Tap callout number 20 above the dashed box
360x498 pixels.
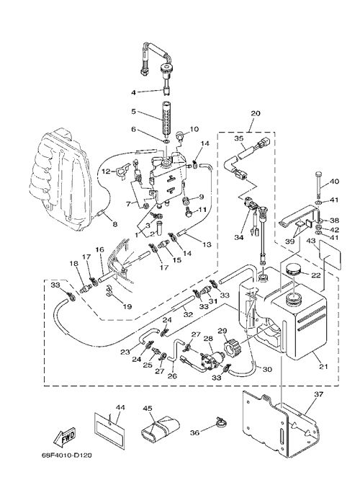256,113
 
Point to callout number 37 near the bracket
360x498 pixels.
318,394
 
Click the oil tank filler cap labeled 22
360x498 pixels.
293,271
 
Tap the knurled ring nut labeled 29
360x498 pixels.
230,349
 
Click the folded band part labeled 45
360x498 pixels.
160,427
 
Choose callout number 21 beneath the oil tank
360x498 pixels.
323,366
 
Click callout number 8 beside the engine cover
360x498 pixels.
114,224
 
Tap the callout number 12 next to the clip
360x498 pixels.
106,172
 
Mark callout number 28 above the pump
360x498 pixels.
208,339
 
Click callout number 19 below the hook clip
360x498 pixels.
127,306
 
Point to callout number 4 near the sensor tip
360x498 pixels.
133,92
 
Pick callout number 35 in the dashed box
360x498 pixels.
239,138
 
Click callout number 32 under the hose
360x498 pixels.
188,314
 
